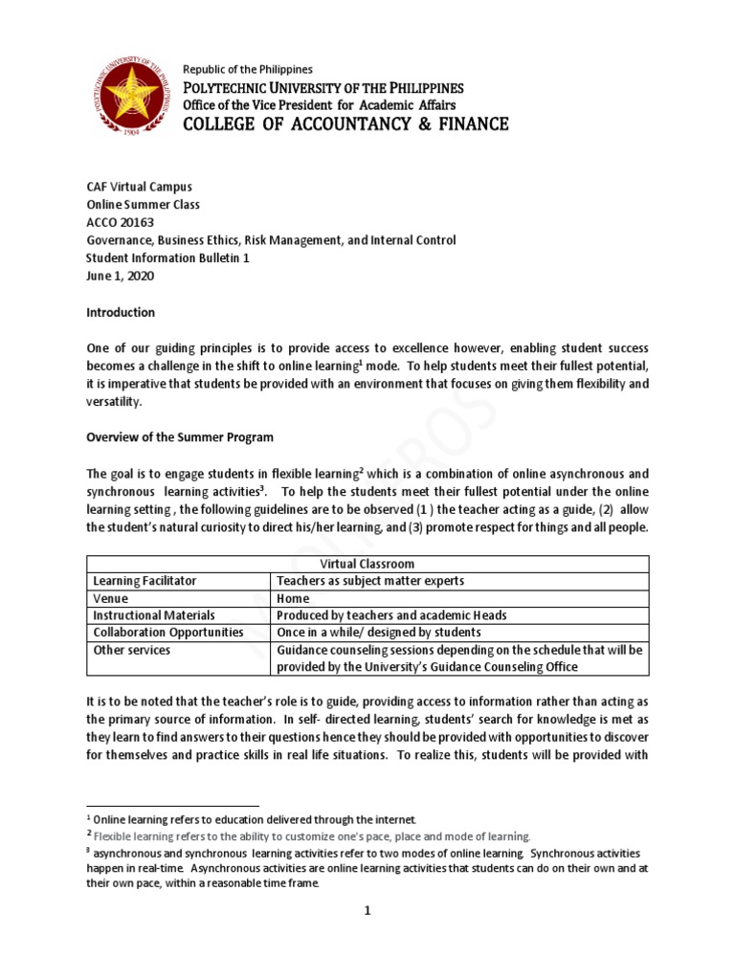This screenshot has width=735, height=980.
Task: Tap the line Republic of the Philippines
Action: (247, 70)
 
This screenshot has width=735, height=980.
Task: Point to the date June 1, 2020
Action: (120, 276)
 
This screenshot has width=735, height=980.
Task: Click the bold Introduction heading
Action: (121, 313)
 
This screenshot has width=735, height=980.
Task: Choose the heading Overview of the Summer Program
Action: (180, 437)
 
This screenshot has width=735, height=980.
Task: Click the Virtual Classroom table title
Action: (367, 564)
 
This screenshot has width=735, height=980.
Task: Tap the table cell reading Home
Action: (292, 598)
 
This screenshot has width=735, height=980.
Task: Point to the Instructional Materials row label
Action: (153, 615)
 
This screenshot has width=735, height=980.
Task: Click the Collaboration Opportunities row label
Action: (167, 633)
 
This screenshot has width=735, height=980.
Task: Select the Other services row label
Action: (131, 650)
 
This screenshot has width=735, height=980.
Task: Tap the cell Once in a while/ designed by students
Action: (378, 633)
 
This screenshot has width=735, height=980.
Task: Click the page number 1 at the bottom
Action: (367, 910)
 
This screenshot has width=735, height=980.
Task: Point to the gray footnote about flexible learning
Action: (310, 835)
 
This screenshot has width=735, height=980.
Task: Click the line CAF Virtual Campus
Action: (145, 188)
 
